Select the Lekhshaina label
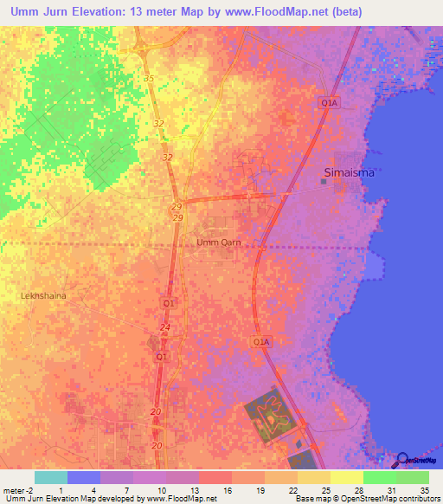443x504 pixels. point(43,295)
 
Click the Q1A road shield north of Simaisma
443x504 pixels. point(329,102)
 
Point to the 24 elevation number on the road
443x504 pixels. point(164,326)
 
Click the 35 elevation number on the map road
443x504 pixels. point(149,79)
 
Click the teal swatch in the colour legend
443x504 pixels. point(51,477)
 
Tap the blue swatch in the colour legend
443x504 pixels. point(84,477)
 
